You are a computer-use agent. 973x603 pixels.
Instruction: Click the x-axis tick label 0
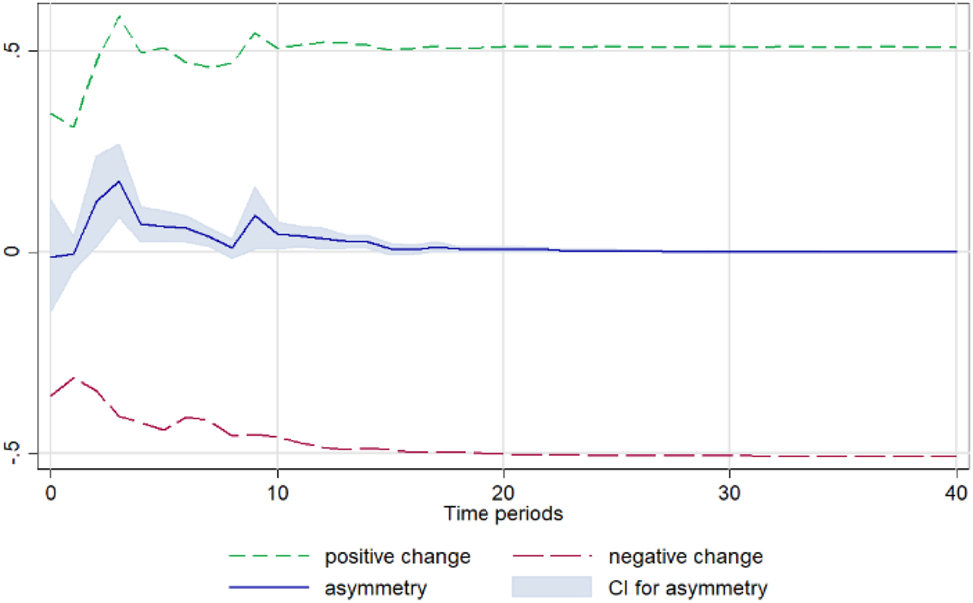[50, 493]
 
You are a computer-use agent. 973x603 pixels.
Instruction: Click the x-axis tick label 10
[277, 493]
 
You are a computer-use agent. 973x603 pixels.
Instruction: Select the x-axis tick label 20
[503, 493]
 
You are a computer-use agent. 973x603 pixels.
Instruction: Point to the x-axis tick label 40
[956, 493]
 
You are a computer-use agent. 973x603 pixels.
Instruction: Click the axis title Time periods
[503, 515]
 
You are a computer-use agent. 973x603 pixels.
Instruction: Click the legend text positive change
[397, 556]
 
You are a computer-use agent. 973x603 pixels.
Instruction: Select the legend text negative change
[685, 556]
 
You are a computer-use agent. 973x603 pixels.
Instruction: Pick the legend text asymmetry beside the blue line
[375, 588]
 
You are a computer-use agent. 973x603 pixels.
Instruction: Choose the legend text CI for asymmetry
[688, 588]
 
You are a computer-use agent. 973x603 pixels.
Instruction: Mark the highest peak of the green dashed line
[118, 16]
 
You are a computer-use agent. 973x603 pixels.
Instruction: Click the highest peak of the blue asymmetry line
[118, 181]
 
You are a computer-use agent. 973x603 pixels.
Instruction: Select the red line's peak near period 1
[73, 378]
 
